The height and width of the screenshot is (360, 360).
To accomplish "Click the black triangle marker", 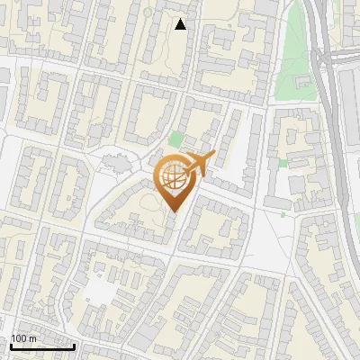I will (x=181, y=24).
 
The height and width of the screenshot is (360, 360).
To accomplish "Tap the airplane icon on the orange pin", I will (x=194, y=163).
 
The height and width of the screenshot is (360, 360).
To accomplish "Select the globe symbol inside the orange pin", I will (x=174, y=179).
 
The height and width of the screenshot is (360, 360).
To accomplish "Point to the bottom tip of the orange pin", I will (x=174, y=212).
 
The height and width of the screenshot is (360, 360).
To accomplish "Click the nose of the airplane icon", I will (x=212, y=155).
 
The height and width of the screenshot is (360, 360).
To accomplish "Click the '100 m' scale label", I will (x=24, y=338).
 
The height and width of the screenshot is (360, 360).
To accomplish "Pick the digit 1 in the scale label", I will (x=14, y=338).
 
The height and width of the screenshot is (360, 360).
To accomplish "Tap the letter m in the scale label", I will (x=33, y=338).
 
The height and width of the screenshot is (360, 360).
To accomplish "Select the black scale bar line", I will (x=41, y=346).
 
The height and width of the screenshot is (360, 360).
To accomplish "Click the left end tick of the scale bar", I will (x=10, y=345).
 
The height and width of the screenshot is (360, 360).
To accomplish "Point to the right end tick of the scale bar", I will (x=74, y=345).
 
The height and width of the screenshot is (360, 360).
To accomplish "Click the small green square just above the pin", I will (x=175, y=140).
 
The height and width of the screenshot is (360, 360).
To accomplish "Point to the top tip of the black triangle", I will (x=181, y=19).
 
